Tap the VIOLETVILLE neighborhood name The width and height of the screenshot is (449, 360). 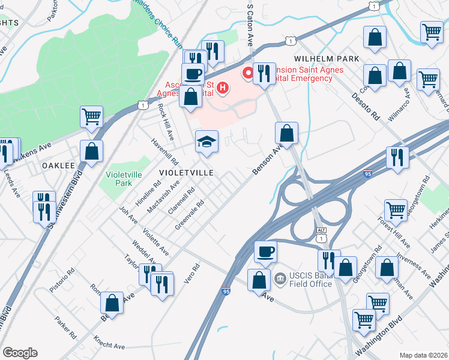pyautogui.click(x=186, y=172)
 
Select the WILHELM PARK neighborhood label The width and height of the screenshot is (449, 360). pyautogui.click(x=327, y=59)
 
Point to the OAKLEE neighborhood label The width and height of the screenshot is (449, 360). pyautogui.click(x=58, y=165)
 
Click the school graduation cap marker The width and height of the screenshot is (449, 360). pyautogui.click(x=206, y=142)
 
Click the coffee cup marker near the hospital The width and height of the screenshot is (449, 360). pyautogui.click(x=193, y=74)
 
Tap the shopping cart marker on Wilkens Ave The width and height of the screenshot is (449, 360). pyautogui.click(x=91, y=116)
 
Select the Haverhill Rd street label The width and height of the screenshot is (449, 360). pyautogui.click(x=166, y=152)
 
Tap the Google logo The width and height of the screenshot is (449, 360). pyautogui.click(x=20, y=353)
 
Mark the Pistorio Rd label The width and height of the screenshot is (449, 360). pyautogui.click(x=63, y=280)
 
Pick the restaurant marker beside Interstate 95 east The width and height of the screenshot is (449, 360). pyautogui.click(x=397, y=157)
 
